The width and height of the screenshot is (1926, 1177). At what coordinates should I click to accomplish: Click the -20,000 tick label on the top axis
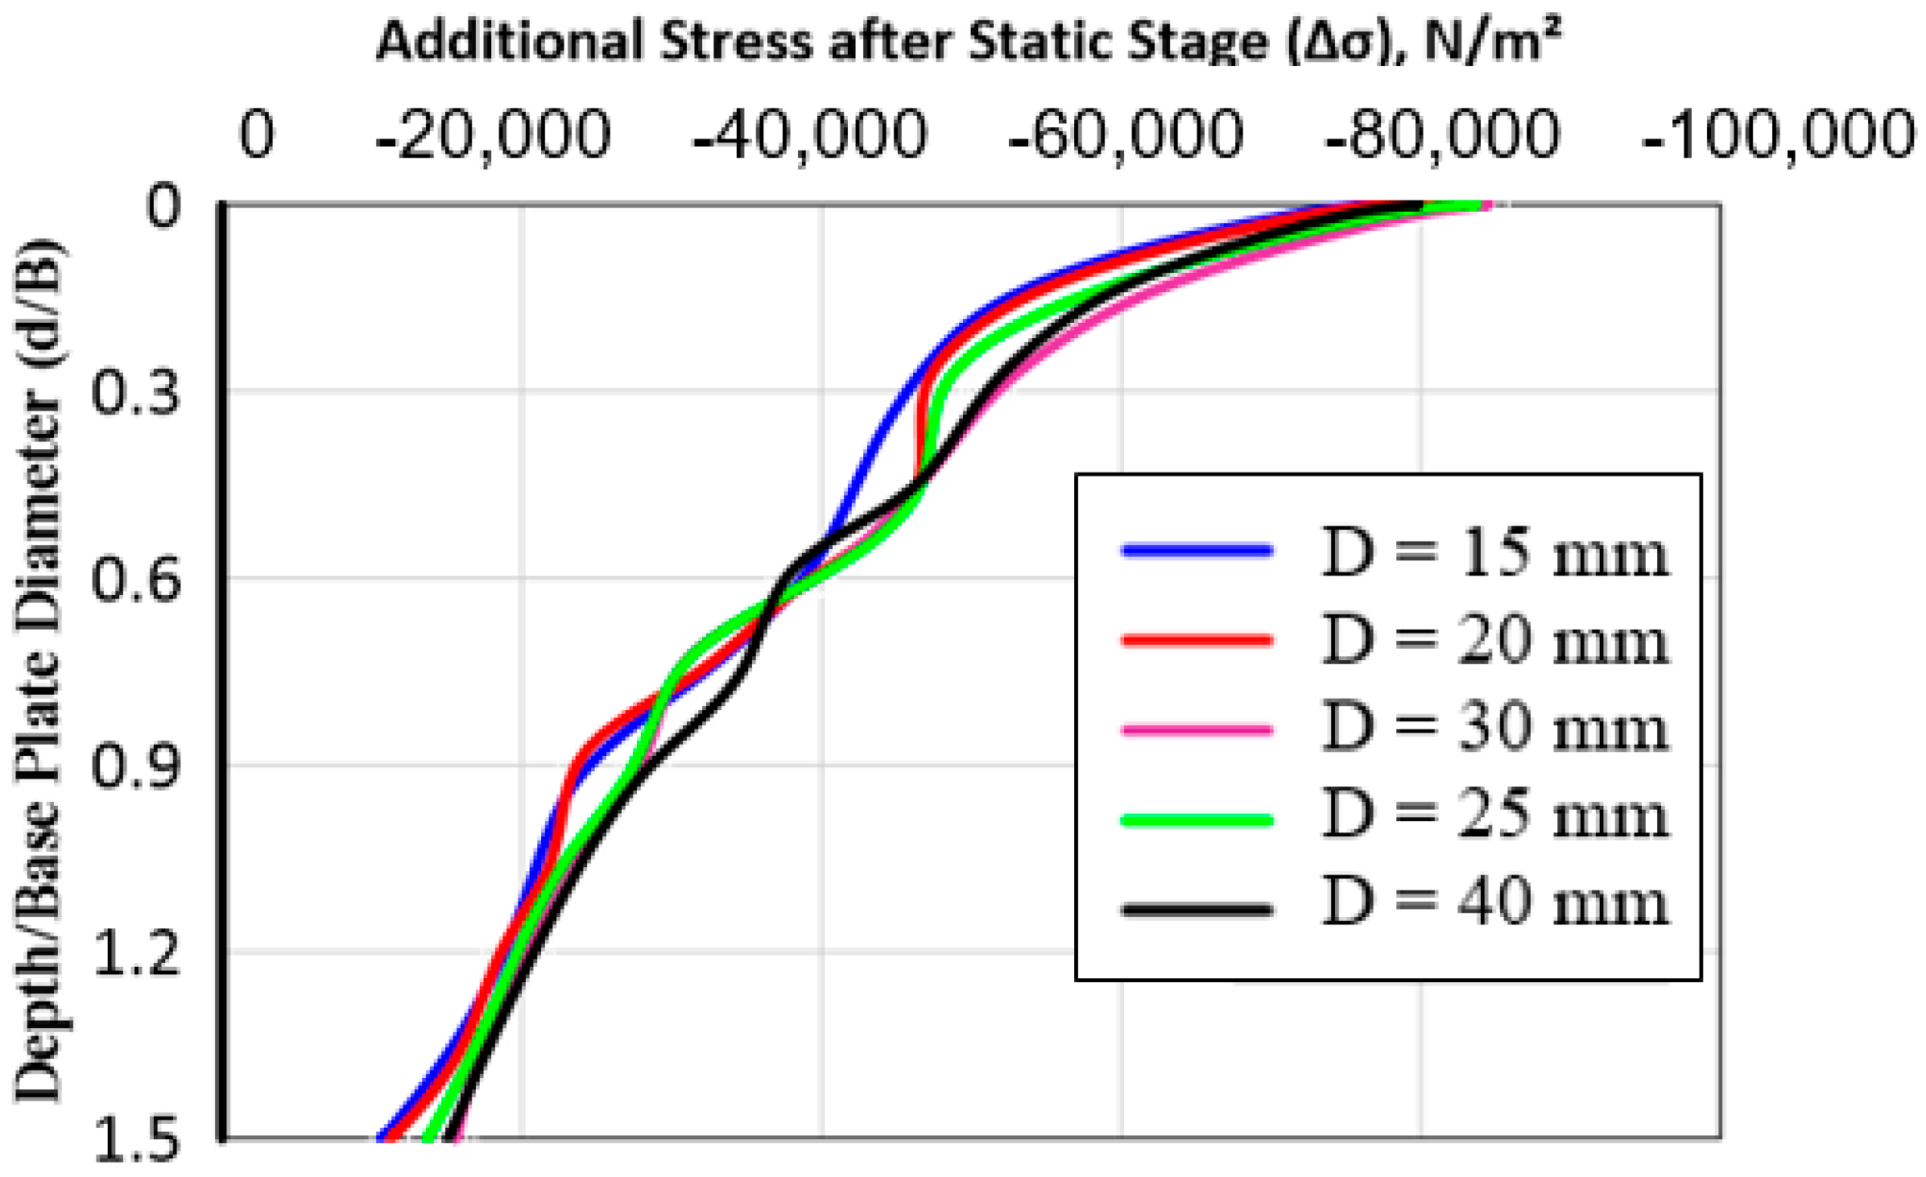click(x=493, y=135)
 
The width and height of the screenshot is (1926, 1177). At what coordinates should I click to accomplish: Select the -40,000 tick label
click(x=810, y=135)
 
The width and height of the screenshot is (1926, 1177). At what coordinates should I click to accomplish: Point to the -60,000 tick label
click(x=1126, y=135)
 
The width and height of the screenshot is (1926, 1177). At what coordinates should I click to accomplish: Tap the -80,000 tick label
click(x=1442, y=135)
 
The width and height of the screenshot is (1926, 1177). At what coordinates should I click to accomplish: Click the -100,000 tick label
click(x=1778, y=135)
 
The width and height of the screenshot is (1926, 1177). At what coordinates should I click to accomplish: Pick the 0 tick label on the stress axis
click(x=257, y=134)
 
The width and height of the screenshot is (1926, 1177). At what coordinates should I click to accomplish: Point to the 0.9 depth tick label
click(x=135, y=766)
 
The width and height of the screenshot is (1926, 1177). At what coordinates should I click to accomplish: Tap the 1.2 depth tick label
click(x=135, y=955)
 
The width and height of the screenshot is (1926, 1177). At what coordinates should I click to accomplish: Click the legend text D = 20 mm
click(x=1495, y=642)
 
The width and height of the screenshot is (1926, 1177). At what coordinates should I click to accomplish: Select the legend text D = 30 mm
click(x=1495, y=729)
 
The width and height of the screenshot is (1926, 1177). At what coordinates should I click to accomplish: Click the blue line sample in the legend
click(x=1197, y=551)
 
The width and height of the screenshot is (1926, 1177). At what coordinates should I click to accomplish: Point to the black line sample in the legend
click(x=1197, y=911)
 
